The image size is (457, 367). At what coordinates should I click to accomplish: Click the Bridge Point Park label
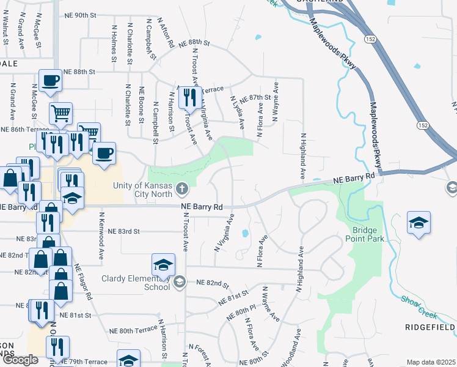coord(368,234)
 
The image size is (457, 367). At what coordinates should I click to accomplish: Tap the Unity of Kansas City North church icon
coord(182,190)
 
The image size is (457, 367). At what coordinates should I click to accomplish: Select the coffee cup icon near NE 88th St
coord(50,81)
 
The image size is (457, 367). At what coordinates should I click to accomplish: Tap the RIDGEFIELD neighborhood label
coord(430,328)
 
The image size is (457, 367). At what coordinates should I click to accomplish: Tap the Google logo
coord(20,360)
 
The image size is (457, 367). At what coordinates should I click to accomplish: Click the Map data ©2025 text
coord(431,362)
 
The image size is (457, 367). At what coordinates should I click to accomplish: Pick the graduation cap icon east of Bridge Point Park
coord(419,223)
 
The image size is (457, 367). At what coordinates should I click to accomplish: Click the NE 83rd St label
coord(124,232)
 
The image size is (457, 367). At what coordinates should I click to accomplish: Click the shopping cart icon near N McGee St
coord(60,113)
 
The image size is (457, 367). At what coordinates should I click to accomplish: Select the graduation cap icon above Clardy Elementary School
coord(163,265)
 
